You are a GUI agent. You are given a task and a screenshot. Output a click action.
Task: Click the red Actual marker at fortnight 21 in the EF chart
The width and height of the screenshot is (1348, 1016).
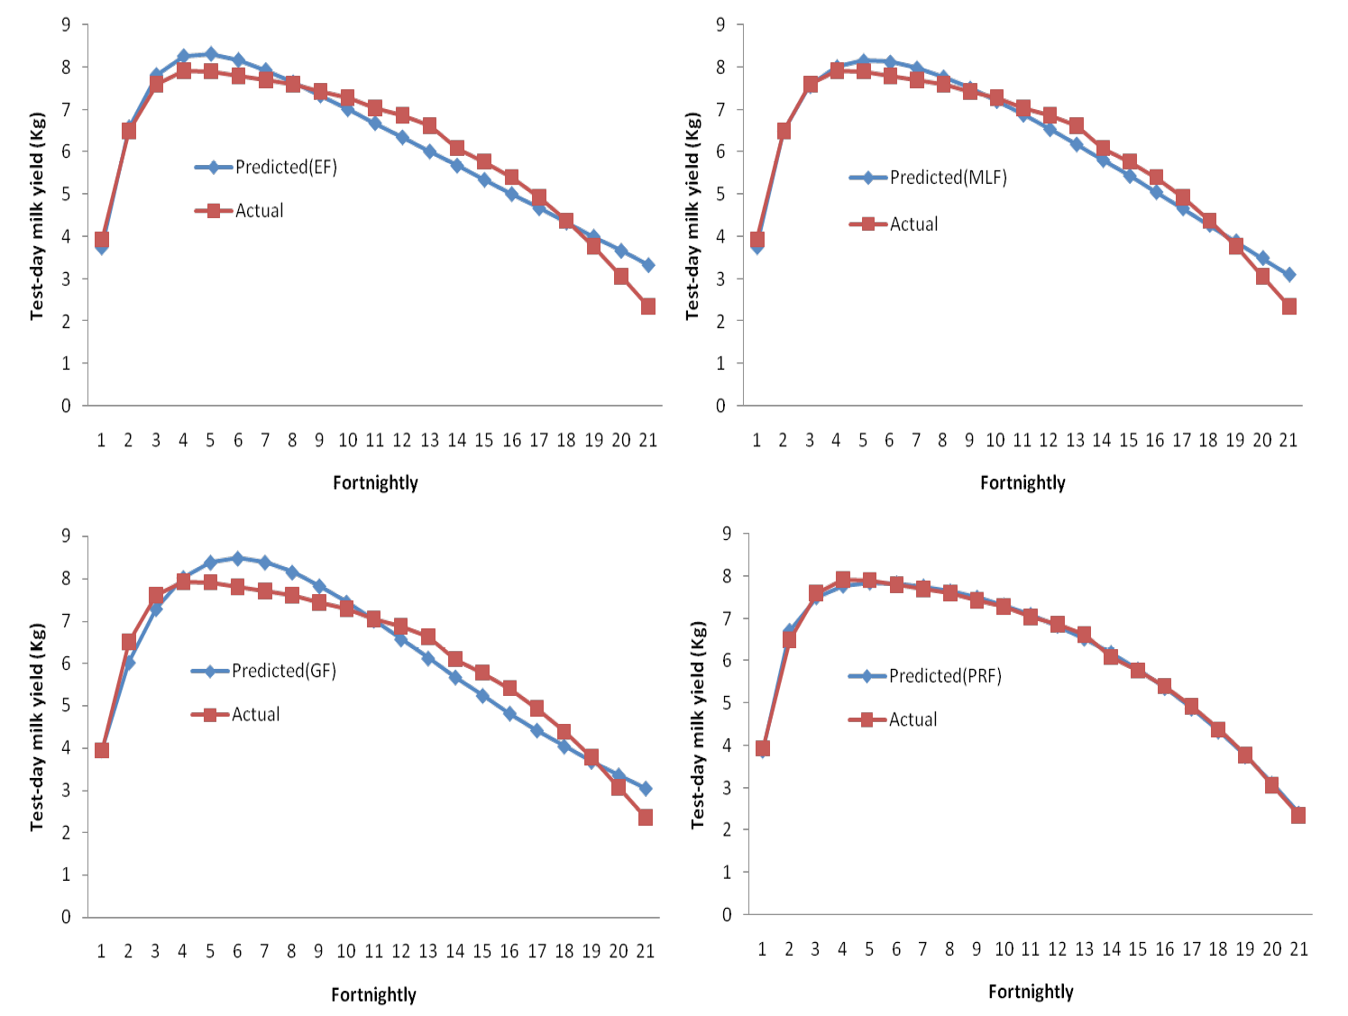647,307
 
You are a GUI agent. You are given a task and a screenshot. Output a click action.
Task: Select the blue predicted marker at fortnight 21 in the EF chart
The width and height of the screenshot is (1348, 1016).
647,266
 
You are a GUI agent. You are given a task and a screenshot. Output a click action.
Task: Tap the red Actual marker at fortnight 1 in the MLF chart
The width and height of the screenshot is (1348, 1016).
757,239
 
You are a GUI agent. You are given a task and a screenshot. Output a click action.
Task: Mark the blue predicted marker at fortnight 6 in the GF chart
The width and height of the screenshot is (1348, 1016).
238,559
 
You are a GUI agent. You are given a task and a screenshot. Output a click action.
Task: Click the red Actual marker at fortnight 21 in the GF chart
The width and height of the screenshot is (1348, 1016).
646,817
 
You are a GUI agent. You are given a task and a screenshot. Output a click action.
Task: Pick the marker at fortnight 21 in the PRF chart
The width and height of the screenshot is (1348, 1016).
1298,815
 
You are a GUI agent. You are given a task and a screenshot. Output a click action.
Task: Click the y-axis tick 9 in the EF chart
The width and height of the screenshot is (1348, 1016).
66,25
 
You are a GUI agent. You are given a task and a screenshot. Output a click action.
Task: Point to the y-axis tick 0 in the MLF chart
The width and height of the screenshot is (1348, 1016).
720,407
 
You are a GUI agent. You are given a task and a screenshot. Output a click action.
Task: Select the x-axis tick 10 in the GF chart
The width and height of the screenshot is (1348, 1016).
346,951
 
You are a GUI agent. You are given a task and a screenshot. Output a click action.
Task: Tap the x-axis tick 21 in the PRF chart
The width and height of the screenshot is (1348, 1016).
1298,948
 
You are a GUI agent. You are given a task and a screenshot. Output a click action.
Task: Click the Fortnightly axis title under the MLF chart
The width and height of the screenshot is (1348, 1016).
1022,483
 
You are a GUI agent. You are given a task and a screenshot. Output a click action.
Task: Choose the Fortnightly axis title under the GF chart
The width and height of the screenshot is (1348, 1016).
373,995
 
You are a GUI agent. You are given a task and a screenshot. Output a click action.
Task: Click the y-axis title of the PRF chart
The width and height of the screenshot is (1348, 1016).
698,725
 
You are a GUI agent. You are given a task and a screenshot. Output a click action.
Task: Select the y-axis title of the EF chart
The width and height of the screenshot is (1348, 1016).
38,216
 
